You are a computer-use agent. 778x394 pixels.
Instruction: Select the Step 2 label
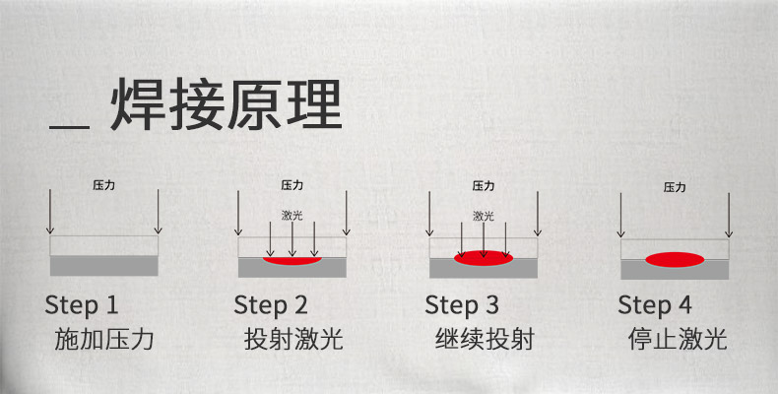coord(271,303)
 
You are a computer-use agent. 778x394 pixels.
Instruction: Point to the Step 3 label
coord(463,303)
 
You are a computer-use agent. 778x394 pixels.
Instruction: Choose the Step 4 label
coord(655,303)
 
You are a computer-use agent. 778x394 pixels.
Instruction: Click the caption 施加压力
coord(104,341)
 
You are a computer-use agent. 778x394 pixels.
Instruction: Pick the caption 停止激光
coord(677,341)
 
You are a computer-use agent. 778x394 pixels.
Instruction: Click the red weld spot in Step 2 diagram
coord(292,261)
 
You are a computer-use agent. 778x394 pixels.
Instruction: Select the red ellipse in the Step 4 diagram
coord(675,260)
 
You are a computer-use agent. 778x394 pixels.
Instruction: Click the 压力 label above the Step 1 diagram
coord(103,184)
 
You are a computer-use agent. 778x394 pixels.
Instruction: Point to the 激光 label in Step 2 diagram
coord(292,215)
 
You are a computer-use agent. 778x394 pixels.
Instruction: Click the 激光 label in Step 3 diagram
coord(483,215)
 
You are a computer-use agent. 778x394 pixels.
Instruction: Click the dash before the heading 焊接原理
coord(71,127)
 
